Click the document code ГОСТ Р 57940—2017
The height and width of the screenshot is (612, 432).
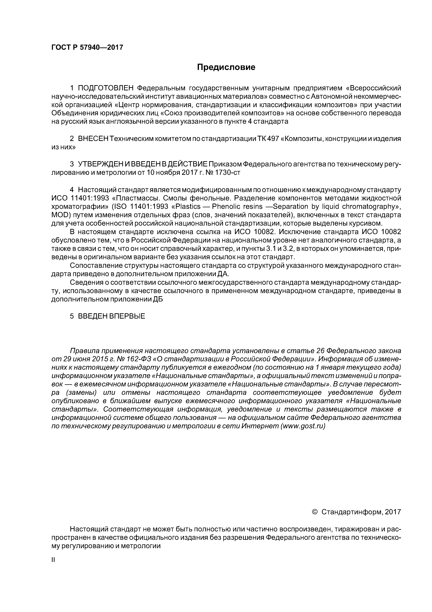pyautogui.click(x=87, y=47)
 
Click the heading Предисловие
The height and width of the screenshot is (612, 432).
pyautogui.click(x=226, y=67)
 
